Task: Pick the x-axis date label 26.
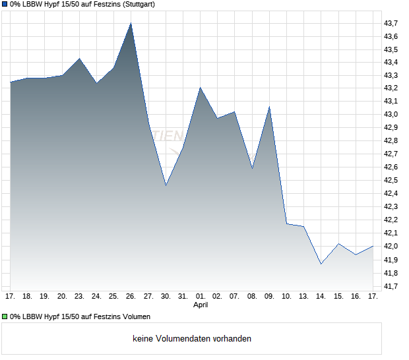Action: pyautogui.click(x=131, y=296)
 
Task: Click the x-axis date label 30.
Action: pyautogui.click(x=166, y=296)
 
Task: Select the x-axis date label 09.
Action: pyautogui.click(x=269, y=296)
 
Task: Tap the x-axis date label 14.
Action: pyautogui.click(x=321, y=296)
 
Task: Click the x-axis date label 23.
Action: pyautogui.click(x=79, y=296)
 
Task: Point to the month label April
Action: pyautogui.click(x=201, y=305)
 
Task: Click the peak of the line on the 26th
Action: pyautogui.click(x=131, y=23)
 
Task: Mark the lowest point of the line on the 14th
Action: pyautogui.click(x=321, y=264)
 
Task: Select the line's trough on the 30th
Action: pyautogui.click(x=166, y=185)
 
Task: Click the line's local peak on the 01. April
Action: pyautogui.click(x=200, y=88)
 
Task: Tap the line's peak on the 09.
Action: pyautogui.click(x=269, y=107)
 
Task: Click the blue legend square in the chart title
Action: pyautogui.click(x=5, y=5)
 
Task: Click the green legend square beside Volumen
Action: pyautogui.click(x=5, y=316)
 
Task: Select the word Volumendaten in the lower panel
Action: pyautogui.click(x=185, y=339)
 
